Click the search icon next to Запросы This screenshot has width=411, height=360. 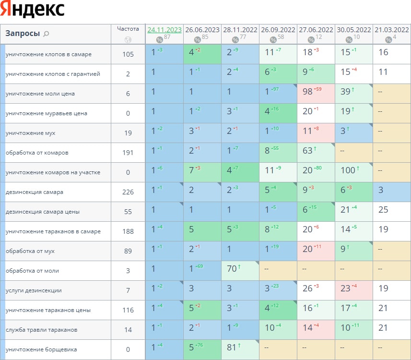(47, 34)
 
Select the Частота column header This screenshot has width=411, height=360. (128, 29)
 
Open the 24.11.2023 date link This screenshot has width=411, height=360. (164, 30)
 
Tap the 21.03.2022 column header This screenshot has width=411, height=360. (392, 30)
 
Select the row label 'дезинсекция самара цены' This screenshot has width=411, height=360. (42, 212)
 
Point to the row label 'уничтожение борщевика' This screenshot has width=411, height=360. (41, 349)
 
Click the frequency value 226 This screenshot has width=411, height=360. (128, 192)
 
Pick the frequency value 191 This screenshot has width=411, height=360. (128, 153)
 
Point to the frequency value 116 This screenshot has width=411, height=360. (128, 310)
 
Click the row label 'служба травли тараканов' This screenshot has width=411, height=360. (41, 330)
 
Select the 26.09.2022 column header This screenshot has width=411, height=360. (278, 30)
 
